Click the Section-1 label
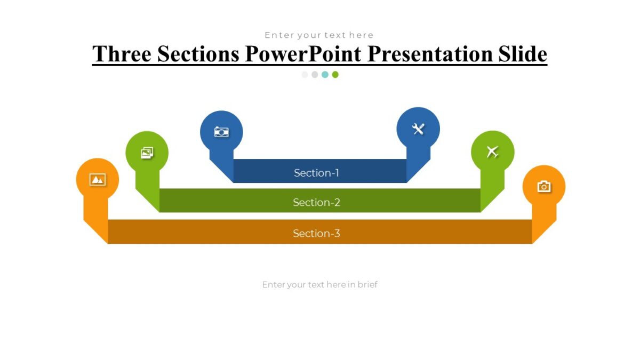[x=316, y=173]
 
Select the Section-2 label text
[x=316, y=203]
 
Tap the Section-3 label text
[x=316, y=234]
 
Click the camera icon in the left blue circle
[x=221, y=132]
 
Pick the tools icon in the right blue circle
[x=418, y=129]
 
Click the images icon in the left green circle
[x=147, y=153]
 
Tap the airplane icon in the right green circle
[x=492, y=152]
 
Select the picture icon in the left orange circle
[x=98, y=180]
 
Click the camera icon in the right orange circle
[x=543, y=186]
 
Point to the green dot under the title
[x=335, y=75]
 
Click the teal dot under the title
[x=325, y=75]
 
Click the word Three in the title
[x=121, y=54]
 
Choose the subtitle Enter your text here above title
[x=319, y=35]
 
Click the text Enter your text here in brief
[x=319, y=285]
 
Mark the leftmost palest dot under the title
[x=305, y=75]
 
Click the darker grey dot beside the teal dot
[x=315, y=75]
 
